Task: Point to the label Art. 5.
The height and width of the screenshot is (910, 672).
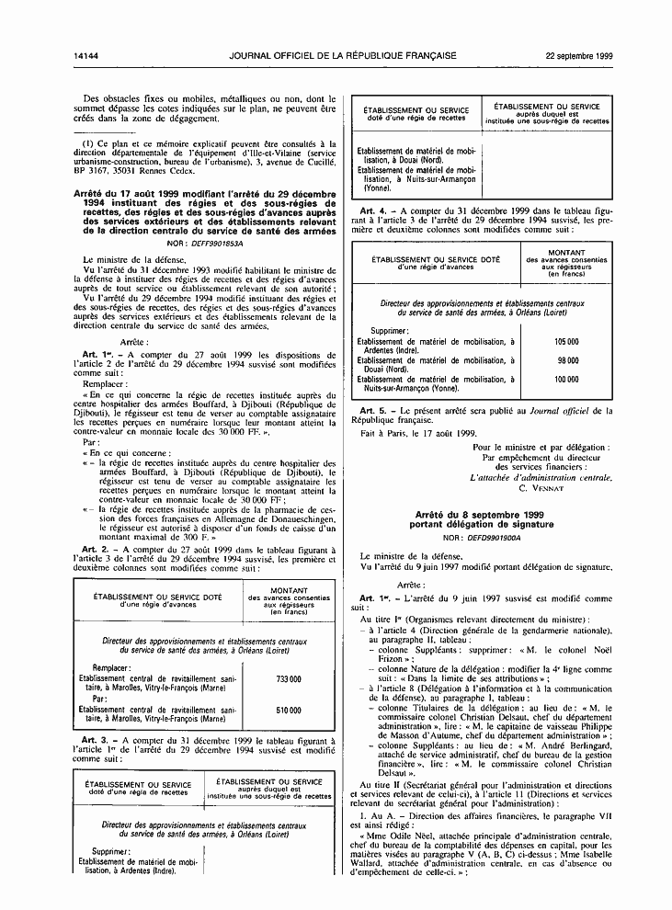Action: coord(371,408)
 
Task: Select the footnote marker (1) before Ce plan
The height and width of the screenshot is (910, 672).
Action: coord(88,143)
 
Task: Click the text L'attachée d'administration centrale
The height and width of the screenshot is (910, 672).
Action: coord(541,477)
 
